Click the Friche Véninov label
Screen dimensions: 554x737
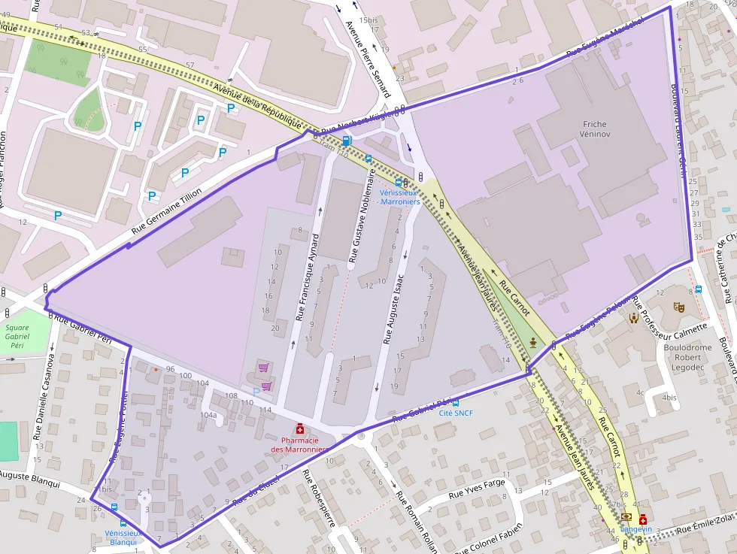tap(594, 129)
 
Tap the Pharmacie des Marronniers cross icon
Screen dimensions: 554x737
tap(300, 428)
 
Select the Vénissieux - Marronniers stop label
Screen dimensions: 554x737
tap(399, 197)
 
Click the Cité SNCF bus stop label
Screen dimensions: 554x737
tap(455, 413)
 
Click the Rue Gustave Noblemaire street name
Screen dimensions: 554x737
tap(361, 215)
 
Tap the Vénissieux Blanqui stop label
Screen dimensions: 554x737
tap(122, 537)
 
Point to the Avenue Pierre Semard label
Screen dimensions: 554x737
tap(368, 58)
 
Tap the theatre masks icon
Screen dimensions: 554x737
tap(678, 307)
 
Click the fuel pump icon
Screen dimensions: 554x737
tap(347, 140)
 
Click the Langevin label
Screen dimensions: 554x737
tap(635, 528)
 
